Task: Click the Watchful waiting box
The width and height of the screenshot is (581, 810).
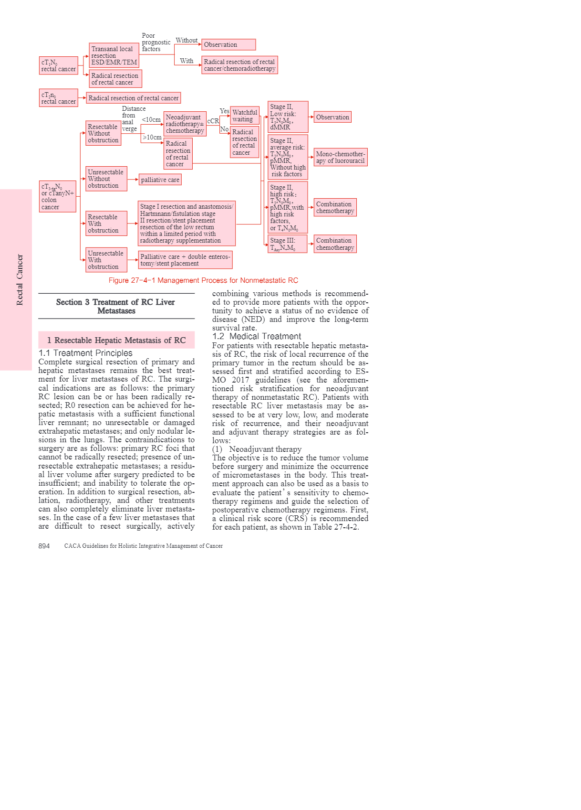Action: coord(244,116)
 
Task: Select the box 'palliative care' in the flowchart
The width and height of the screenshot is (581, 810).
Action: coord(160,180)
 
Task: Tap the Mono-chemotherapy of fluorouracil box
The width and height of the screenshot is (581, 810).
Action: coord(341,157)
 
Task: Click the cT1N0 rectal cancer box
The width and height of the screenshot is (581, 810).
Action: coord(59,65)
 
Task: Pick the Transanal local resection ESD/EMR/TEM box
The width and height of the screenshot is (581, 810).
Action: coord(114,55)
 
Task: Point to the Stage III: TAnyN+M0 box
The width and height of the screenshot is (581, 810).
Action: coord(287,244)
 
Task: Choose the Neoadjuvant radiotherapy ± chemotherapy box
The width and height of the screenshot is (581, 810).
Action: coord(185,124)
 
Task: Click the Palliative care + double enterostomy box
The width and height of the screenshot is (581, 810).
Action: coord(185,260)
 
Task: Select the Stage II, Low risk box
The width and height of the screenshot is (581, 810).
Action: coord(288,117)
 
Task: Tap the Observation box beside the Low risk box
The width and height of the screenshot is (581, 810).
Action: coord(332,117)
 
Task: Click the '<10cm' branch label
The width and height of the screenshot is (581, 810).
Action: coord(151,119)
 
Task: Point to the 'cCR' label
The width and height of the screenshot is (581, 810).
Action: coord(213,121)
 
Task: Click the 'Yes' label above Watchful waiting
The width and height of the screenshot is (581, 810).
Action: coord(224,111)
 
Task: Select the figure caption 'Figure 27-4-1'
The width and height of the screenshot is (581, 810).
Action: coord(203,280)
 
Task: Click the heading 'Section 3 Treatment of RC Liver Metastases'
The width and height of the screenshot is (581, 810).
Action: coord(116,306)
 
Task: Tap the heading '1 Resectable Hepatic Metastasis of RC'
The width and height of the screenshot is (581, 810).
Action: coord(116,340)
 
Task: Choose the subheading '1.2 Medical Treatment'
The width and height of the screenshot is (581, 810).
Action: coord(257,336)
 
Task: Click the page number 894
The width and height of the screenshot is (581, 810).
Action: coord(44,546)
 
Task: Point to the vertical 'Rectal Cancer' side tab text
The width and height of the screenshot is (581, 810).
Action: coord(20,279)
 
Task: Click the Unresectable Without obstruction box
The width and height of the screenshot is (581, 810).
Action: coord(106,179)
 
